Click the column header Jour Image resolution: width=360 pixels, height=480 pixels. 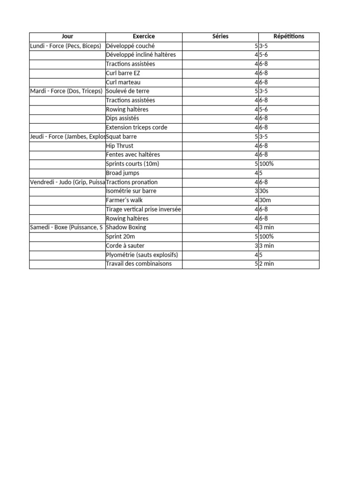[x=67, y=37]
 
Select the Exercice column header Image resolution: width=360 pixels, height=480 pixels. [x=143, y=37]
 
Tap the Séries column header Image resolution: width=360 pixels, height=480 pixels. [x=220, y=37]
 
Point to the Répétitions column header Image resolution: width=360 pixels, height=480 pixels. [x=289, y=37]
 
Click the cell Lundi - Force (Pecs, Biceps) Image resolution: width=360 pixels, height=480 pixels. [x=66, y=46]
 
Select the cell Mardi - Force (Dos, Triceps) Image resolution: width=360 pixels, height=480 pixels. [x=66, y=91]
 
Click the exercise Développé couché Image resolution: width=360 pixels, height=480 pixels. [x=130, y=46]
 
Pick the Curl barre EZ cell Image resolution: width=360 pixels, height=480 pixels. [x=123, y=73]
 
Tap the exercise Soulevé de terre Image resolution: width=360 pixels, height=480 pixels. [x=127, y=91]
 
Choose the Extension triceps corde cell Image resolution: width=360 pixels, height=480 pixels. [x=136, y=127]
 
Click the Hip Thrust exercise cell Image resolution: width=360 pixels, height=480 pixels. [x=120, y=146]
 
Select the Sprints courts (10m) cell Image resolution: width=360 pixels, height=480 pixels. [x=131, y=164]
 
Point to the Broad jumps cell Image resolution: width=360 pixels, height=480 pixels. [x=123, y=173]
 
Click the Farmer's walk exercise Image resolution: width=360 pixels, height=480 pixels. [x=124, y=200]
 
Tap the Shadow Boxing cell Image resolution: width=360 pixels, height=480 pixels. [x=126, y=227]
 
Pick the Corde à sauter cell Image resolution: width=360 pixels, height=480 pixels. [x=125, y=246]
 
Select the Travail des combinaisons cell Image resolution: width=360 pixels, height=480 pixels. [x=139, y=264]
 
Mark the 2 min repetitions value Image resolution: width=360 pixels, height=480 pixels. [x=266, y=264]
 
